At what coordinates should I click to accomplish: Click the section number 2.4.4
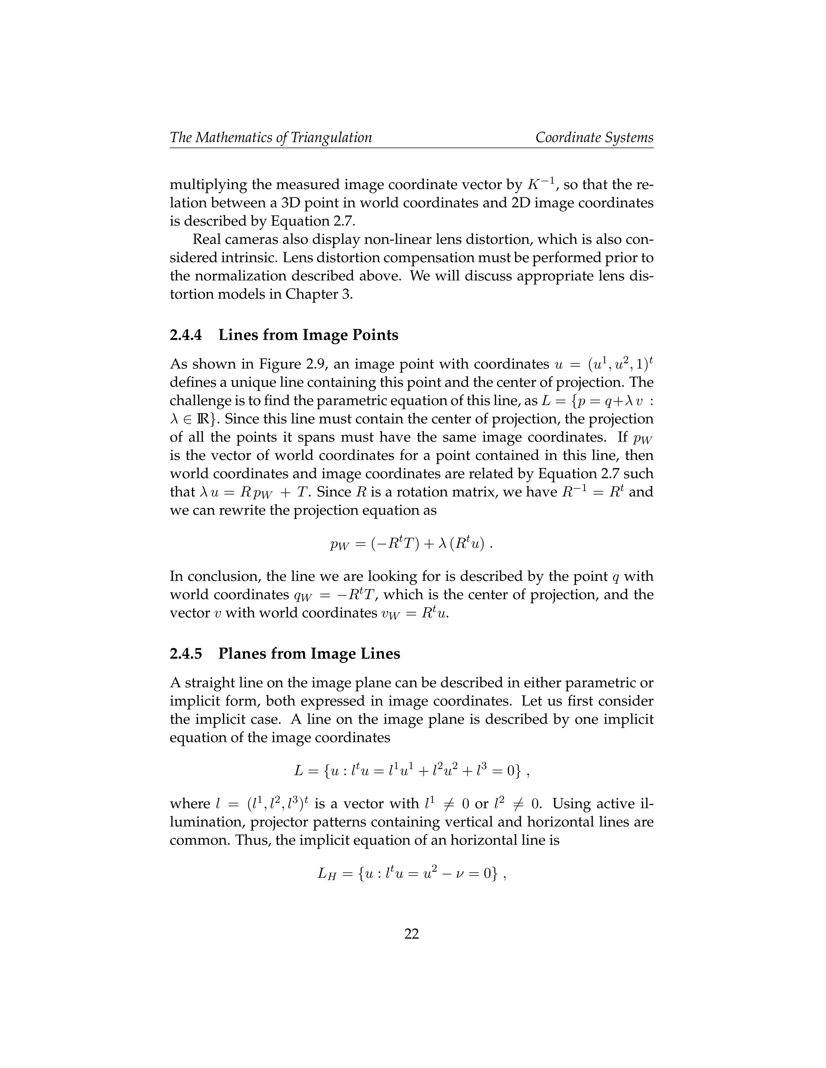click(x=186, y=335)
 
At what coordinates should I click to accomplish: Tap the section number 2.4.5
click(x=186, y=654)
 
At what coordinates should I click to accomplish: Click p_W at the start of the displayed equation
click(x=339, y=544)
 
